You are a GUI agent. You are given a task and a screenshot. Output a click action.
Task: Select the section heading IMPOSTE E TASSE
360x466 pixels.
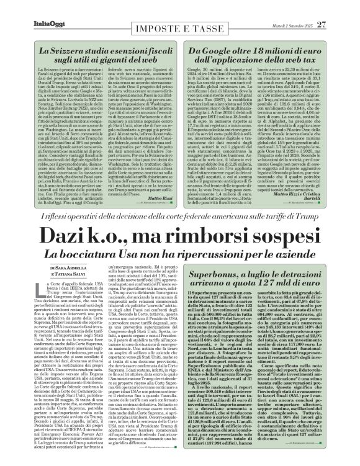(179, 19)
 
